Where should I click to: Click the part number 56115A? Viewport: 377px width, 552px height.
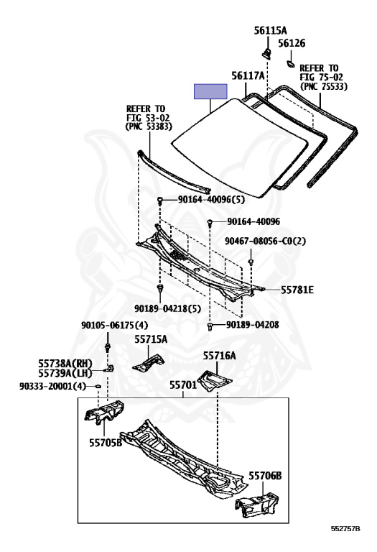[270, 30]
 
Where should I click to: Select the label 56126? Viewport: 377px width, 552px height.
[292, 43]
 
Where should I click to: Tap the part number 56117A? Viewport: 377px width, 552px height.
[248, 75]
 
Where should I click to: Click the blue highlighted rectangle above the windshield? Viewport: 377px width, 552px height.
[210, 91]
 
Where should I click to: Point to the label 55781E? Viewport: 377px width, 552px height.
[297, 290]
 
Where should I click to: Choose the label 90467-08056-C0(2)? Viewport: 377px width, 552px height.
[266, 241]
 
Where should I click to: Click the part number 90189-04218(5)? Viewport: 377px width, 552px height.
[167, 309]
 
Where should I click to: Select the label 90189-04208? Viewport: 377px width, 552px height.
[253, 325]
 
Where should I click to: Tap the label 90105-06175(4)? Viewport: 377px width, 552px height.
[115, 325]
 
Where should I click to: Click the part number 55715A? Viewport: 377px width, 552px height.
[151, 339]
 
